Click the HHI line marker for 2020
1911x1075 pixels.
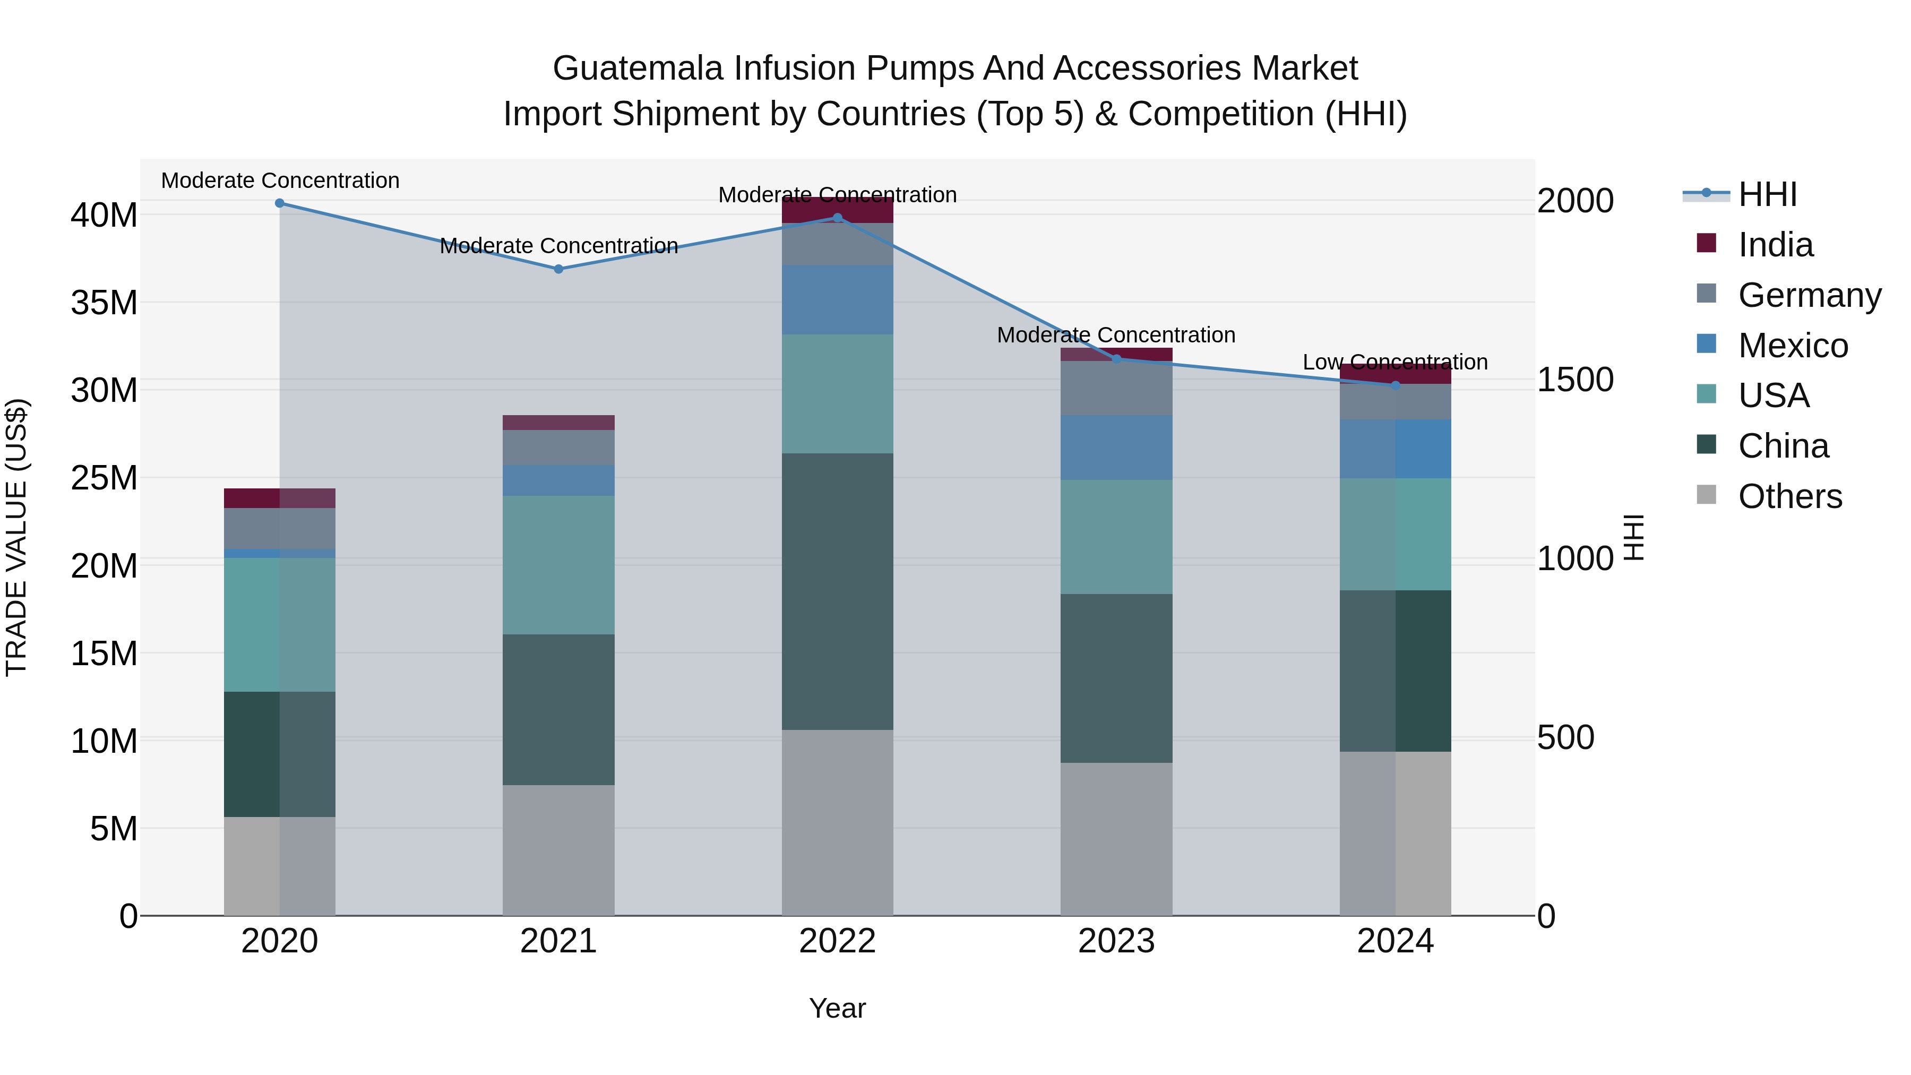pos(280,203)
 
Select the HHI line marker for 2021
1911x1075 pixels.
pos(558,269)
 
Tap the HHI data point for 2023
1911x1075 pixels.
pos(1116,359)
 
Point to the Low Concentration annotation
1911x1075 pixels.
pos(1394,362)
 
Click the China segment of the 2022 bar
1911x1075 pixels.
pos(838,591)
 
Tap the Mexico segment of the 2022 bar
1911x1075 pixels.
pos(838,300)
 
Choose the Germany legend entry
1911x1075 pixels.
pos(1810,295)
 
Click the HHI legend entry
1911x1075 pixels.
pos(1767,194)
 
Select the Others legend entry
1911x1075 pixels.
pos(1789,496)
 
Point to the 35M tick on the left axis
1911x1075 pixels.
pos(104,303)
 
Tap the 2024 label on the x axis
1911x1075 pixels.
pos(1394,941)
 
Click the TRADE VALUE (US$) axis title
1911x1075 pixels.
pos(16,537)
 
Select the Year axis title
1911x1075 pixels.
pos(838,1008)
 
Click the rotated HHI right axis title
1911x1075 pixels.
pos(1633,537)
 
